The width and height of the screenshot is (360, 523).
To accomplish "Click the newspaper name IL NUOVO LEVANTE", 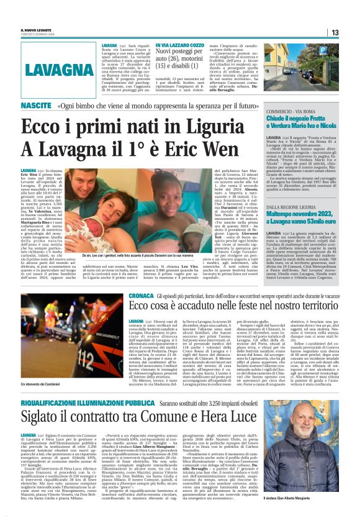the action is pos(37,29).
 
